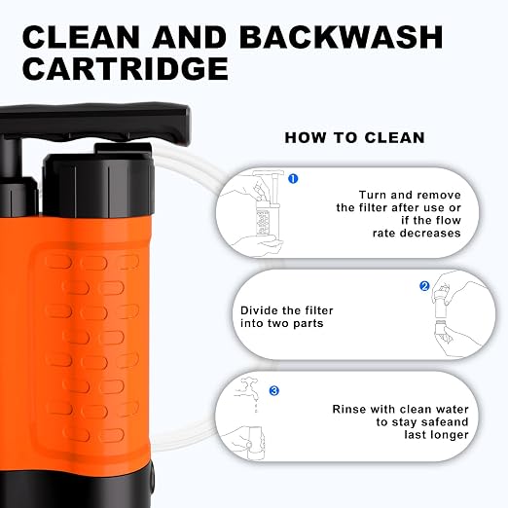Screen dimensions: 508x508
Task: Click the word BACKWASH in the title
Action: [x=342, y=37]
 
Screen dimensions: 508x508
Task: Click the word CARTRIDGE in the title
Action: [x=126, y=68]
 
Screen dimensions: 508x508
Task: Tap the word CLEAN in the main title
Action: [x=81, y=37]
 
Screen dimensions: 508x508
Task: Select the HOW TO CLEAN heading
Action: [x=354, y=137]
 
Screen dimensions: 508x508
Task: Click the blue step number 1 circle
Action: [x=293, y=178]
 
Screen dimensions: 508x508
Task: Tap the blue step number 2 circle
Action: [x=424, y=286]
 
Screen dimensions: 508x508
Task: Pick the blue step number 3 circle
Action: [x=274, y=390]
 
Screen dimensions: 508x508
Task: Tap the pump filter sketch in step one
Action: [x=268, y=202]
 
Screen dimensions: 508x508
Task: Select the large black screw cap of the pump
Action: [x=98, y=183]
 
